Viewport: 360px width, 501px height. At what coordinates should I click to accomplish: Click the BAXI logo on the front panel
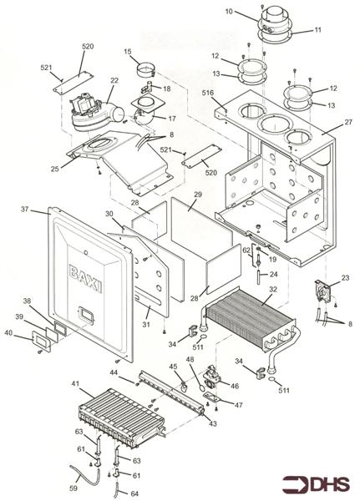pos(86,279)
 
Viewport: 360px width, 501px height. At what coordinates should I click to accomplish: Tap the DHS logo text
pos(330,484)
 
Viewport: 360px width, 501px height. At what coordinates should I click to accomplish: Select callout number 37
pos(24,210)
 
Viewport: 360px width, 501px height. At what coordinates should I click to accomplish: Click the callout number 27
pos(348,122)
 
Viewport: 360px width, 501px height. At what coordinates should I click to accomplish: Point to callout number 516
pos(207,93)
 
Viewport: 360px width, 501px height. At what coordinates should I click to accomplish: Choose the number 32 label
pos(273,289)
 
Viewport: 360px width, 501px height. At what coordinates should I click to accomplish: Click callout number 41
pos(74,383)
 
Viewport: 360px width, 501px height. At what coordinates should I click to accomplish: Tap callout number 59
pos(74,488)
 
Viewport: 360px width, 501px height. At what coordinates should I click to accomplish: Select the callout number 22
pos(114,80)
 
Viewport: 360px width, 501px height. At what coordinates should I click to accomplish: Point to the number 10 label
pos(229,12)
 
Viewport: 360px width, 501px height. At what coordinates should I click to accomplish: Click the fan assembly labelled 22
pos(96,111)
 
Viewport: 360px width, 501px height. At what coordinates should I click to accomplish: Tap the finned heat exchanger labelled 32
pos(250,322)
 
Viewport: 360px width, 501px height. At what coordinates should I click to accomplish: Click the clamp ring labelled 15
pos(146,71)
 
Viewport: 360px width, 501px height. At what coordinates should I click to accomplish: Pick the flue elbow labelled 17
pos(146,112)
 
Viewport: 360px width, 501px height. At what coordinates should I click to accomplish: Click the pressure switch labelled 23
pos(323,291)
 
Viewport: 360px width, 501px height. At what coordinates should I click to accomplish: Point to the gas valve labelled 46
pos(212,377)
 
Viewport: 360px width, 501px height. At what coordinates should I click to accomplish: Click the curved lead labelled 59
pos(84,473)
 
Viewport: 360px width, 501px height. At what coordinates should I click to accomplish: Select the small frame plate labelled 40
pos(41,341)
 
